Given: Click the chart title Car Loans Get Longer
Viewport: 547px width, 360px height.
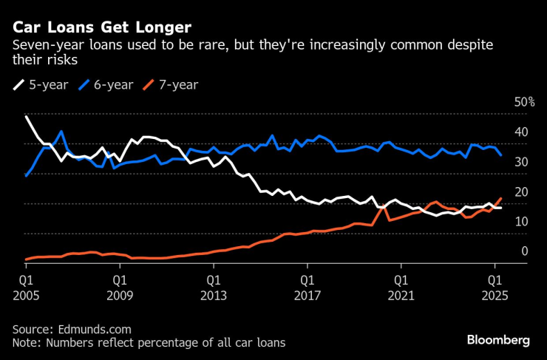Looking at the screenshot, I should (x=102, y=27).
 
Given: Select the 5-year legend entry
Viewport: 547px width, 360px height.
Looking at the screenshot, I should (x=44, y=84).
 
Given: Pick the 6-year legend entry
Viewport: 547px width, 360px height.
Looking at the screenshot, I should (x=108, y=84).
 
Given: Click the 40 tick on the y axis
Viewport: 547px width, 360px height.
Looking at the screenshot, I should (x=522, y=132).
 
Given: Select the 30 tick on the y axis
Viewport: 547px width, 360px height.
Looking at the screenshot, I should (x=522, y=162).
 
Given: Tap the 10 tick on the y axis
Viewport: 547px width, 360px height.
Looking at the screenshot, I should (x=522, y=222).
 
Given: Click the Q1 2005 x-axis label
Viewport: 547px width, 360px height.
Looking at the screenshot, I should (x=25, y=288).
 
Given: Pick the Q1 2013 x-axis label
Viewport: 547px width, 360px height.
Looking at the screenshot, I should (x=212, y=288).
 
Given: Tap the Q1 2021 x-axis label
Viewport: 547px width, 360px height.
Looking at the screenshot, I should (x=400, y=288).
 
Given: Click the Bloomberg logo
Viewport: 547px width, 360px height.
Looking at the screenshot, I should (x=497, y=340).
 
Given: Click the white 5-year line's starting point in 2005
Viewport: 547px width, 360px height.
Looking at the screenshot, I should (x=26, y=117).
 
